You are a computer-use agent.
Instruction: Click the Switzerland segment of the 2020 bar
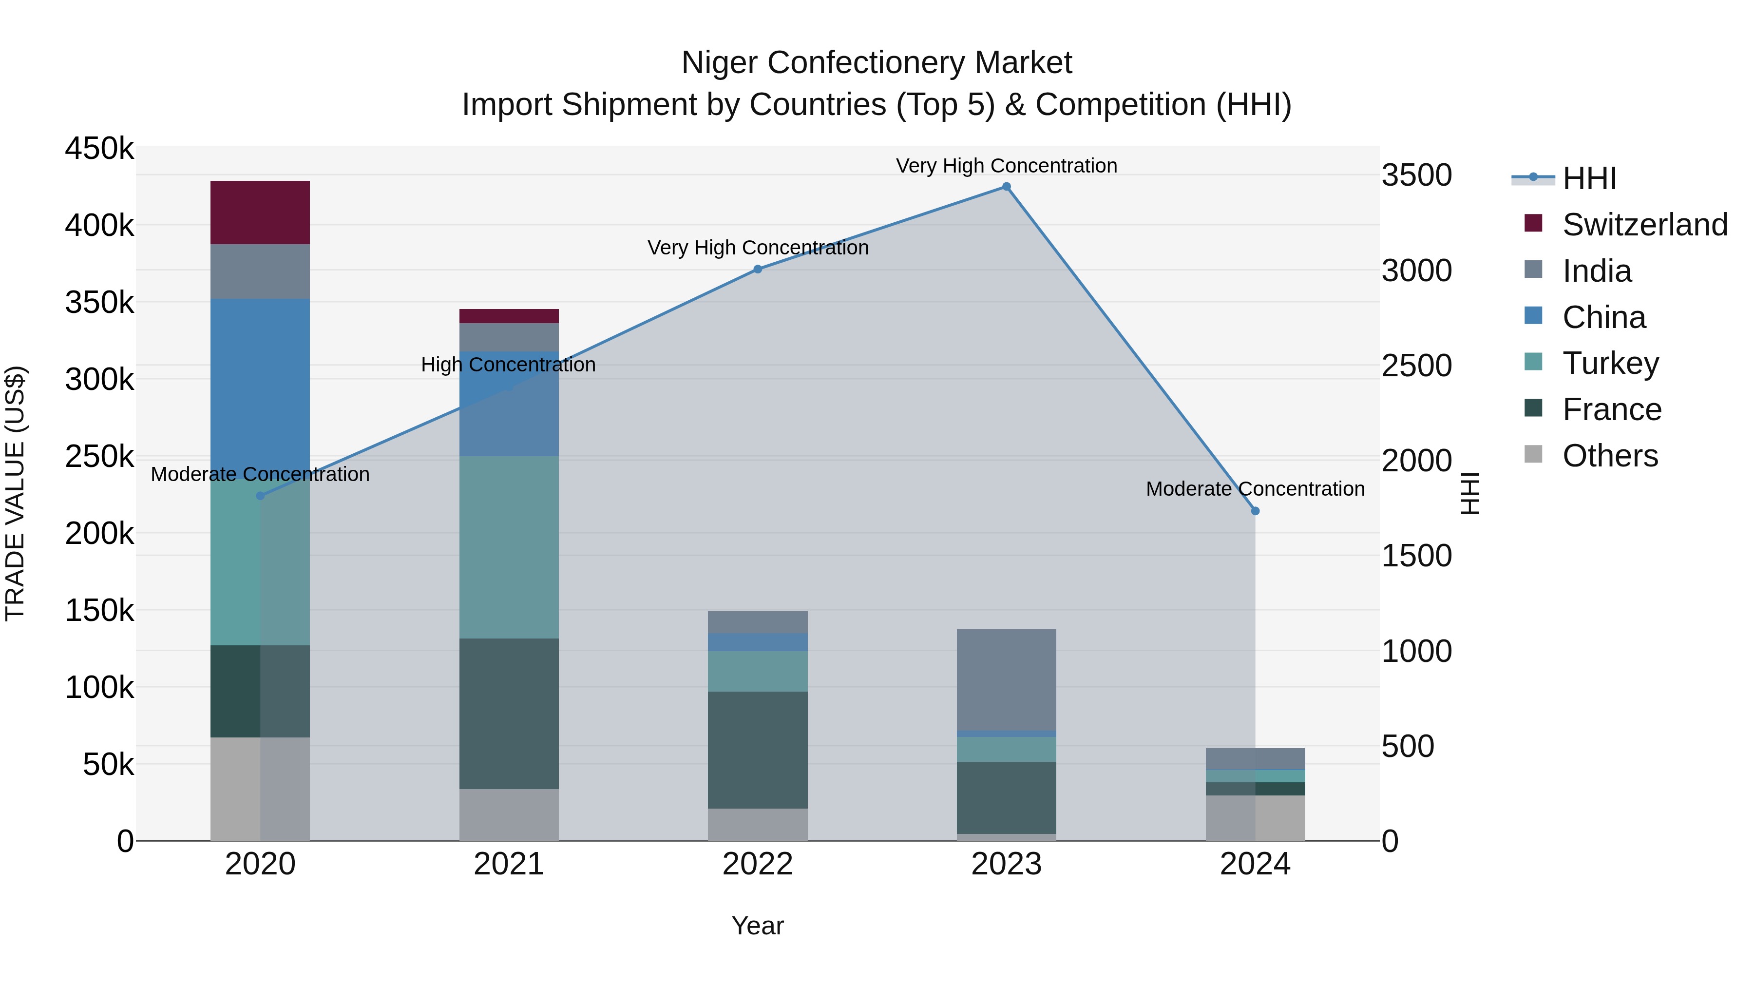point(260,213)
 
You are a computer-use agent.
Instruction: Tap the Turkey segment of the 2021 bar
point(509,547)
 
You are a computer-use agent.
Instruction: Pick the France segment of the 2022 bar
point(757,750)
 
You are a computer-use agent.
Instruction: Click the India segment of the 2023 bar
point(1007,680)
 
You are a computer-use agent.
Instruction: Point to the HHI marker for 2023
point(1007,187)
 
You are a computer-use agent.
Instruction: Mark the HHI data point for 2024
point(1255,511)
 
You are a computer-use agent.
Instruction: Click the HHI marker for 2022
point(757,269)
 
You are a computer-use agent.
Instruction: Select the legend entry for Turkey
point(1610,363)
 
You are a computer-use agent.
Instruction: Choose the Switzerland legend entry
point(1644,225)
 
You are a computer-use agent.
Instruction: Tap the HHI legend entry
point(1588,178)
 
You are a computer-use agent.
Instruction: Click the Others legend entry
point(1610,456)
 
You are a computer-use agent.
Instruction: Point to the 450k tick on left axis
point(99,149)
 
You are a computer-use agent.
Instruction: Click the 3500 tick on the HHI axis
point(1416,176)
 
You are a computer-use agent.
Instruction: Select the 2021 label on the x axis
point(509,864)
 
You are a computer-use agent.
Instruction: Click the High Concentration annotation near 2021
point(508,365)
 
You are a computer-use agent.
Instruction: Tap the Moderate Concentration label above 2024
point(1255,489)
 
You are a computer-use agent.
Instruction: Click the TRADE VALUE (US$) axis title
point(15,493)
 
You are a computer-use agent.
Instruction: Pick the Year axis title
point(757,926)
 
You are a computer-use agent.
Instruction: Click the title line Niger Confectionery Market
point(877,63)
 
